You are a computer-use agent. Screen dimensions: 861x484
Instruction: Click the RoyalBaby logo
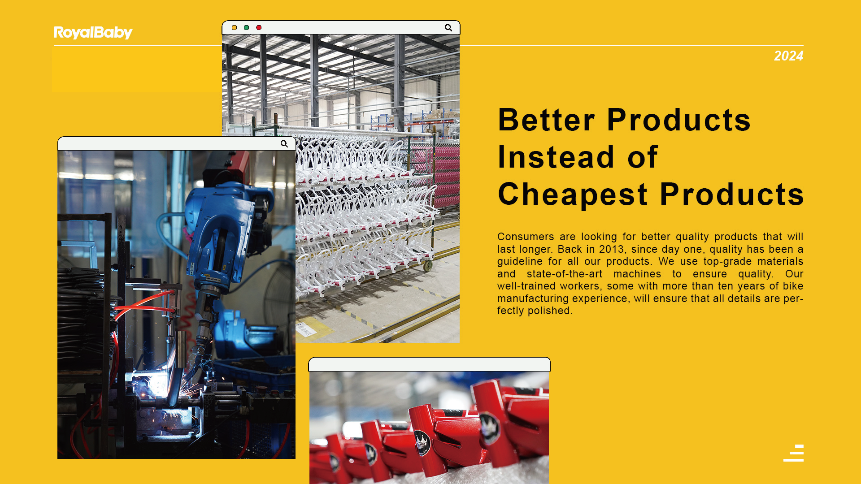pyautogui.click(x=93, y=33)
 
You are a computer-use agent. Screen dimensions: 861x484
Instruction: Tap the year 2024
pyautogui.click(x=788, y=56)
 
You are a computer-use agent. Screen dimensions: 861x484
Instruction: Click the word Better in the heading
pyautogui.click(x=547, y=120)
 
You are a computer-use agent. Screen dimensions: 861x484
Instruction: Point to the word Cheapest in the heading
pyautogui.click(x=573, y=194)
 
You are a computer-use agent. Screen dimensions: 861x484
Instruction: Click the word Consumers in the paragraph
pyautogui.click(x=526, y=237)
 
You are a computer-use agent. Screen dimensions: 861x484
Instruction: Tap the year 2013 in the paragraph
pyautogui.click(x=612, y=249)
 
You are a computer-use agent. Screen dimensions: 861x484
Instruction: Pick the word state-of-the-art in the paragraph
pyautogui.click(x=565, y=274)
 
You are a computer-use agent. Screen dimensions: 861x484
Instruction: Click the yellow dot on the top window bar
pyautogui.click(x=234, y=28)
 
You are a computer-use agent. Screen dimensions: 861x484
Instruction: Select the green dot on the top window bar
pyautogui.click(x=246, y=28)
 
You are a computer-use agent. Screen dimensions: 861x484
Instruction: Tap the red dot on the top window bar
pyautogui.click(x=259, y=28)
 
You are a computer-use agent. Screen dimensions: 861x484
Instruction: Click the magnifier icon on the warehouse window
pyautogui.click(x=448, y=28)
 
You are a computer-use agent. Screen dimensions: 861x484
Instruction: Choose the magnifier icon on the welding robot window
pyautogui.click(x=284, y=144)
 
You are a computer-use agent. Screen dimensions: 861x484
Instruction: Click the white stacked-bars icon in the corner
pyautogui.click(x=794, y=453)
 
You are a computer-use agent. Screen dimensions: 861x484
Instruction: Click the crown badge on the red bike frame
pyautogui.click(x=422, y=442)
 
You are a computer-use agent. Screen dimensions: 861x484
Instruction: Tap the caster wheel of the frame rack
pyautogui.click(x=428, y=266)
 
